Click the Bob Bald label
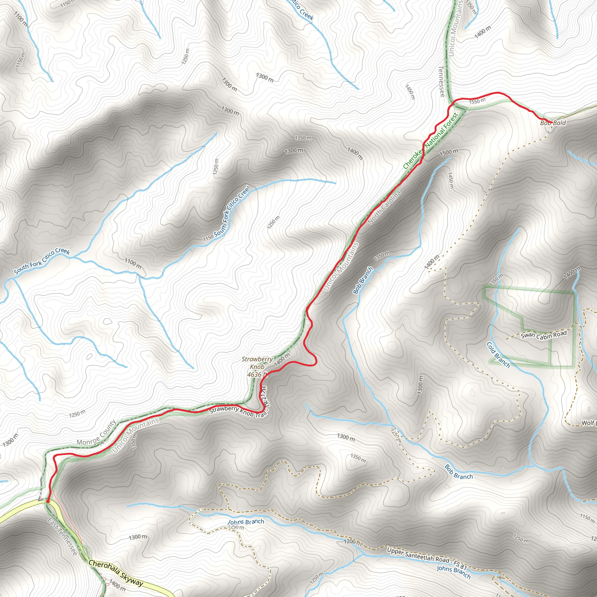pos(553,123)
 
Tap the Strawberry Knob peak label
pos(257,363)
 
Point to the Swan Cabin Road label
pos(544,335)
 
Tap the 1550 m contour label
pos(477,101)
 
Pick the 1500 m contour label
pos(449,152)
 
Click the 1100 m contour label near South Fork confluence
pos(133,263)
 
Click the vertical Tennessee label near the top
pos(442,81)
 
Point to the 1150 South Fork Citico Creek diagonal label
pos(226,213)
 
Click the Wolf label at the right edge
pos(588,423)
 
